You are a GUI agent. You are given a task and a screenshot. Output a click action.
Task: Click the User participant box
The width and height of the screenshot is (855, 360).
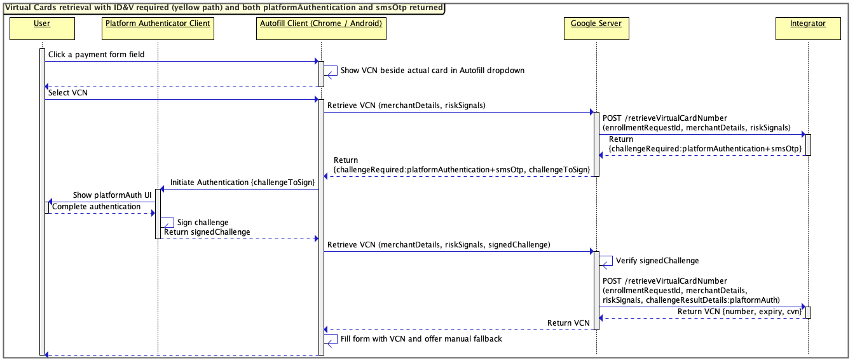point(41,29)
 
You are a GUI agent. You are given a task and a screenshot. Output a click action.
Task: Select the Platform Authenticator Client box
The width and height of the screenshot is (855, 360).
point(158,29)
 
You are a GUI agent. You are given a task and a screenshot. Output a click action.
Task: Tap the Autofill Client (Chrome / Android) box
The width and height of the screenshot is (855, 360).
point(321,29)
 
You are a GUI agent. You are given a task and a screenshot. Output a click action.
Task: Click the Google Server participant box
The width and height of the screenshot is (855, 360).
point(596,29)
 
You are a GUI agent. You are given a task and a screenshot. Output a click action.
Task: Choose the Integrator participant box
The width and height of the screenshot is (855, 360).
point(808,29)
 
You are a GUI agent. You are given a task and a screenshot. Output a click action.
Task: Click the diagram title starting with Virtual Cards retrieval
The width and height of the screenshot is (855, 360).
point(222,8)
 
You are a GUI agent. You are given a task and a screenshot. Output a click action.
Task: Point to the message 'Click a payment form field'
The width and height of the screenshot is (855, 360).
point(96,55)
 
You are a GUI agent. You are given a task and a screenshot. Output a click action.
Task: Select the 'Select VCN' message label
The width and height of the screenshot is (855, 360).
point(67,93)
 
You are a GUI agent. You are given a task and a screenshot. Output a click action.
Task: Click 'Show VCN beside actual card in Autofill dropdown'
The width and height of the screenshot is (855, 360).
point(432,71)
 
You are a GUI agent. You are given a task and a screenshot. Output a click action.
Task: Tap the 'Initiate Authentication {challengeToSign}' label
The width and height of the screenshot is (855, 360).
point(242,183)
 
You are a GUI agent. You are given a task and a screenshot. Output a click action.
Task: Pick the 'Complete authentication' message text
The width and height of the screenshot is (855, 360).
point(97,207)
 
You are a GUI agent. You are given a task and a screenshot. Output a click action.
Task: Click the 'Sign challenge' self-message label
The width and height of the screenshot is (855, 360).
point(202,223)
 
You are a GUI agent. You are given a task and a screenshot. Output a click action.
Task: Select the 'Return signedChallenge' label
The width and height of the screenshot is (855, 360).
point(207,232)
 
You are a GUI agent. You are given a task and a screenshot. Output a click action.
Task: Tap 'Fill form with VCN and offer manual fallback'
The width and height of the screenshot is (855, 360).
point(421,339)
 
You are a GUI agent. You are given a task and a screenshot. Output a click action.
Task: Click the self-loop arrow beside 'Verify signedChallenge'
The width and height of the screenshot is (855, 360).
point(607,261)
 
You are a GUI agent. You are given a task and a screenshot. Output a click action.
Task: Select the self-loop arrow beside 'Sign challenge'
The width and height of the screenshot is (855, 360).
point(168,223)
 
